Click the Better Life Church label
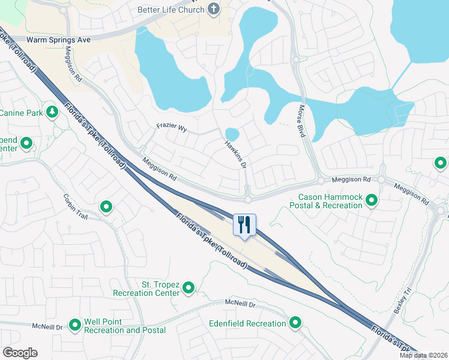point(170,10)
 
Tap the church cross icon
point(213,9)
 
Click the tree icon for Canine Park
point(52,112)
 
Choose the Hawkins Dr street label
point(236,154)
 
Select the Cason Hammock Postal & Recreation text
point(331,201)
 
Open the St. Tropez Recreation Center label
point(146,289)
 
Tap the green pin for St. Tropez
point(188,289)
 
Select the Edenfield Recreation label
point(247,324)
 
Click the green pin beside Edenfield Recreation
point(295,323)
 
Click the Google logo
point(20,353)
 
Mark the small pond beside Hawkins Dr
point(232,133)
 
